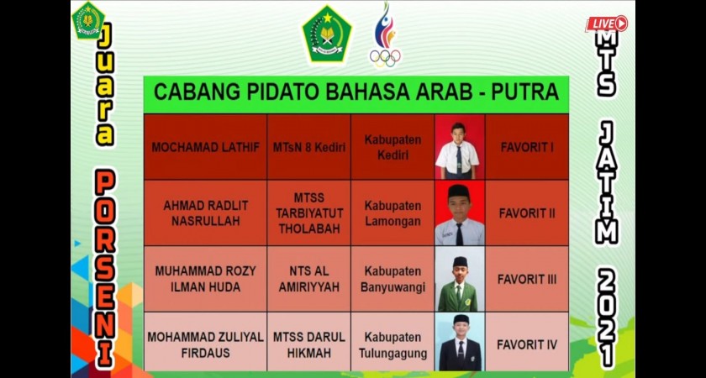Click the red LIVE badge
click(606, 24)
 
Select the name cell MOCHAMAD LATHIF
click(205, 147)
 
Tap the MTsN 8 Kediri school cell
click(309, 147)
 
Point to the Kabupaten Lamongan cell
click(393, 213)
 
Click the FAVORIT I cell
click(527, 147)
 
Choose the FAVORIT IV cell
click(527, 344)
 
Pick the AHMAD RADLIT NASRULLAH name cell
click(205, 213)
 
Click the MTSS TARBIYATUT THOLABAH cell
click(309, 213)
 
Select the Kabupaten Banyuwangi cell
click(393, 279)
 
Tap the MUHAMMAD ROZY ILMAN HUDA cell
click(205, 279)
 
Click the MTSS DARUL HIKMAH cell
click(309, 344)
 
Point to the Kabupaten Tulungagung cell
click(393, 344)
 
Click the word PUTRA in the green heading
click(524, 92)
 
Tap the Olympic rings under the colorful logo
click(385, 58)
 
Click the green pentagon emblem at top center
click(327, 34)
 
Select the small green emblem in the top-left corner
click(88, 20)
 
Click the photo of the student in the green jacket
click(459, 279)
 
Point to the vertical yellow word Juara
click(104, 85)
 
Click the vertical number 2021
click(607, 318)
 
